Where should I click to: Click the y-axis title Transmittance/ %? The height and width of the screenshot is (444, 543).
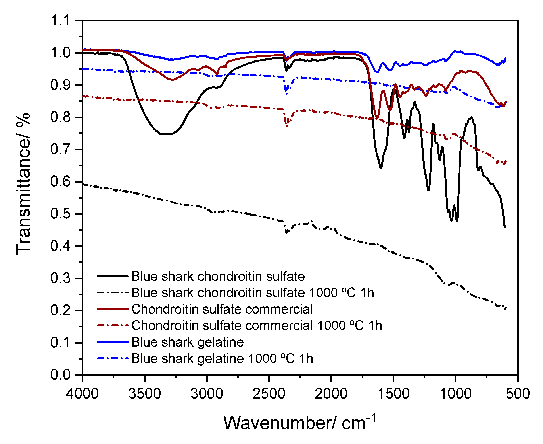pos(23,184)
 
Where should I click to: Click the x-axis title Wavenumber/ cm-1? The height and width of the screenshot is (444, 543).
pos(299,423)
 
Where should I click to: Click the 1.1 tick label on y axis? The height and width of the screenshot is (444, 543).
pos(60,20)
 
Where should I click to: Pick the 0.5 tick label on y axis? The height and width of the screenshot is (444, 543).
pos(60,214)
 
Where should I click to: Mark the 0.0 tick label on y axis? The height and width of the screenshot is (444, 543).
pos(60,375)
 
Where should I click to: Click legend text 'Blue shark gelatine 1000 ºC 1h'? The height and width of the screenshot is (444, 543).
pos(222,358)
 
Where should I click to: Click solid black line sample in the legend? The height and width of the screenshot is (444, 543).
pos(113,276)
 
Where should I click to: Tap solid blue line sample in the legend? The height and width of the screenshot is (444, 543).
pos(113,342)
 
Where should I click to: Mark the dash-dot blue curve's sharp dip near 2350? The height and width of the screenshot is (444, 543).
pos(287,94)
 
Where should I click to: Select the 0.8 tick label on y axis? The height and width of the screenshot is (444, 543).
pos(60,117)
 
